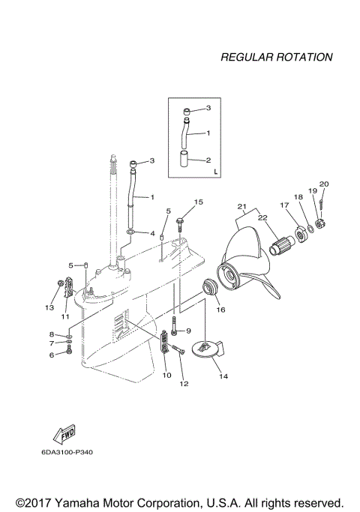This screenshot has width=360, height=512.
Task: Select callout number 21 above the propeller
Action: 242,206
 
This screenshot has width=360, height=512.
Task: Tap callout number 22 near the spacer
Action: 262,217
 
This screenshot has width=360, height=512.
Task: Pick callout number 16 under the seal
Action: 221,308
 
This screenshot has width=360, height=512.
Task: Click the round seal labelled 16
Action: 210,287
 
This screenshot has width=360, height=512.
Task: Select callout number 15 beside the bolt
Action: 199,202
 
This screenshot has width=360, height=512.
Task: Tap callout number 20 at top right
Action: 324,184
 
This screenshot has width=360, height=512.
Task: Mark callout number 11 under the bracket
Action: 65,316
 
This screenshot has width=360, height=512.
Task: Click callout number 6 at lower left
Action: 52,355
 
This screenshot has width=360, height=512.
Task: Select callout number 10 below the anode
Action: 166,374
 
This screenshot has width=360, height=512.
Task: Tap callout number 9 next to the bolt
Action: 188,331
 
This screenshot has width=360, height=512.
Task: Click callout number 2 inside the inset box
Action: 208,160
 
